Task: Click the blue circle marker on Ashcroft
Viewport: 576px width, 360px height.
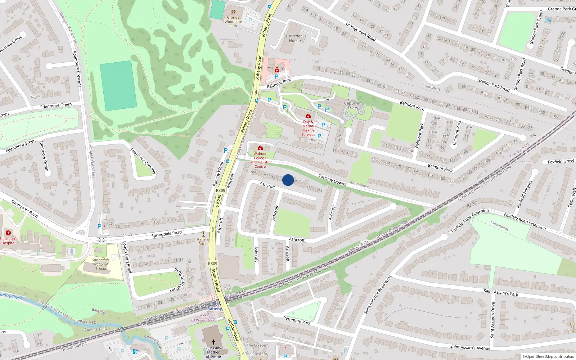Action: click(288, 180)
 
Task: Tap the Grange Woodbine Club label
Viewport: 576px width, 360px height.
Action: click(233, 22)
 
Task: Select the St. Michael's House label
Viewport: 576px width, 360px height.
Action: click(294, 38)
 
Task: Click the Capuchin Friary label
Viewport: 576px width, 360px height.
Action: click(352, 105)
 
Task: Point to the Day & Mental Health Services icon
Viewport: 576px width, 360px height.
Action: click(308, 116)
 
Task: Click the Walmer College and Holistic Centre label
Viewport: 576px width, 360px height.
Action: click(260, 160)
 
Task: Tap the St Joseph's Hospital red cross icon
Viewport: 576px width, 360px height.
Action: click(8, 233)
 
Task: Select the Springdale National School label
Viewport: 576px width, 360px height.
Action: click(101, 264)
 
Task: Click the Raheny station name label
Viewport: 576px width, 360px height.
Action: click(215, 309)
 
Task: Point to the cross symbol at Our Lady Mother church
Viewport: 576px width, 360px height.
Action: click(213, 342)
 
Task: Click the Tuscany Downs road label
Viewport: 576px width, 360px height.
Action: click(332, 180)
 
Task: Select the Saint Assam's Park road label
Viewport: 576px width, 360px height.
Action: click(501, 293)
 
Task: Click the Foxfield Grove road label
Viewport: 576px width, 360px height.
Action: click(561, 162)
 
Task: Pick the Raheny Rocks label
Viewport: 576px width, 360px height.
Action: click(203, 242)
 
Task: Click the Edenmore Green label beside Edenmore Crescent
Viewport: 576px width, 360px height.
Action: click(56, 105)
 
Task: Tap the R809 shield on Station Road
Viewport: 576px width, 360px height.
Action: click(212, 264)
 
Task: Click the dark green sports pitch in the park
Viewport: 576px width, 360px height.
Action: click(118, 86)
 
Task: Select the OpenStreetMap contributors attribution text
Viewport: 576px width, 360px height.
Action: click(548, 356)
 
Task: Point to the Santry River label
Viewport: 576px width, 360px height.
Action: click(11, 296)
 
